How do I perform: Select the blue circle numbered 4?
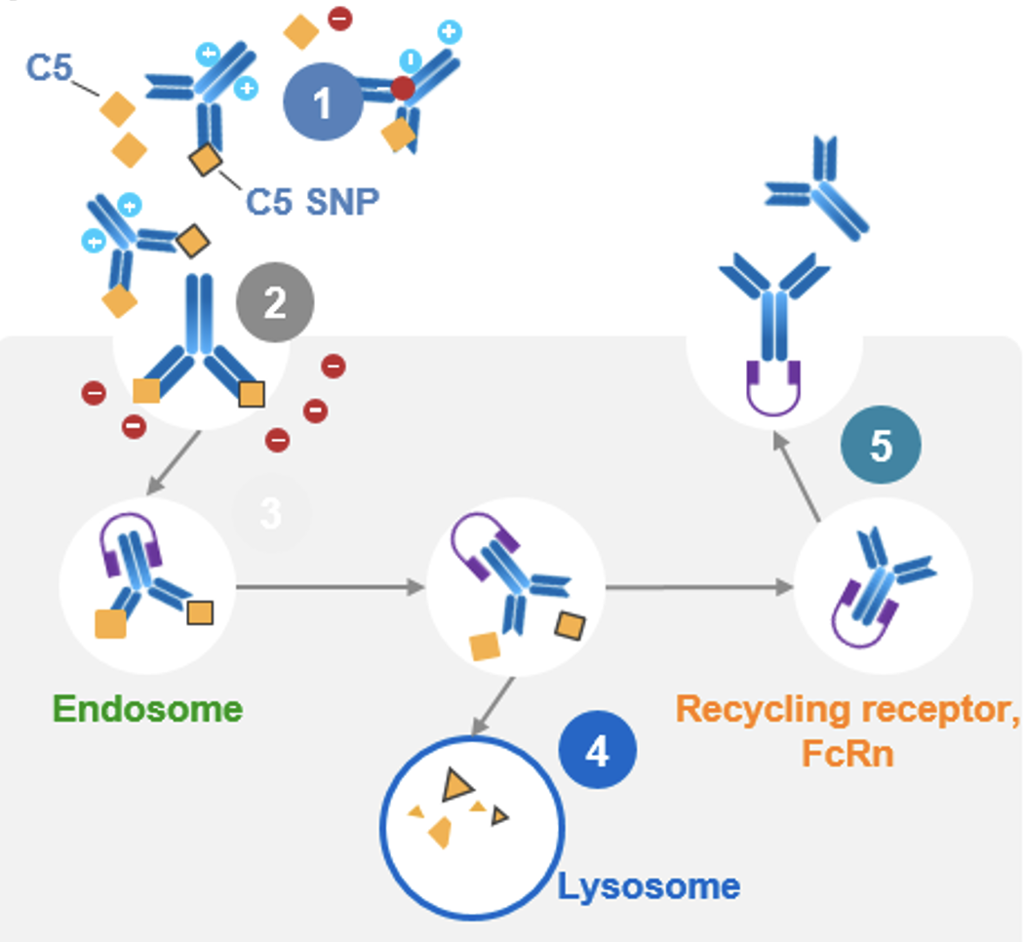(x=597, y=752)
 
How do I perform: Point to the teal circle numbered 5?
(x=881, y=446)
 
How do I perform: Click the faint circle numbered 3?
(x=271, y=514)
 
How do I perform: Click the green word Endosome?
(x=147, y=708)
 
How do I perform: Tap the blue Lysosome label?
(x=649, y=886)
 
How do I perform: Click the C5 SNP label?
(x=311, y=201)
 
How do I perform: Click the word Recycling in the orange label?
(x=760, y=709)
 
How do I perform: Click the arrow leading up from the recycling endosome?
(x=797, y=478)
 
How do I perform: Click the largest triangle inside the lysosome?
(x=453, y=784)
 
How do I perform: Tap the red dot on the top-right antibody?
(x=402, y=90)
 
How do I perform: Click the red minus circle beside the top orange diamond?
(x=338, y=18)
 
